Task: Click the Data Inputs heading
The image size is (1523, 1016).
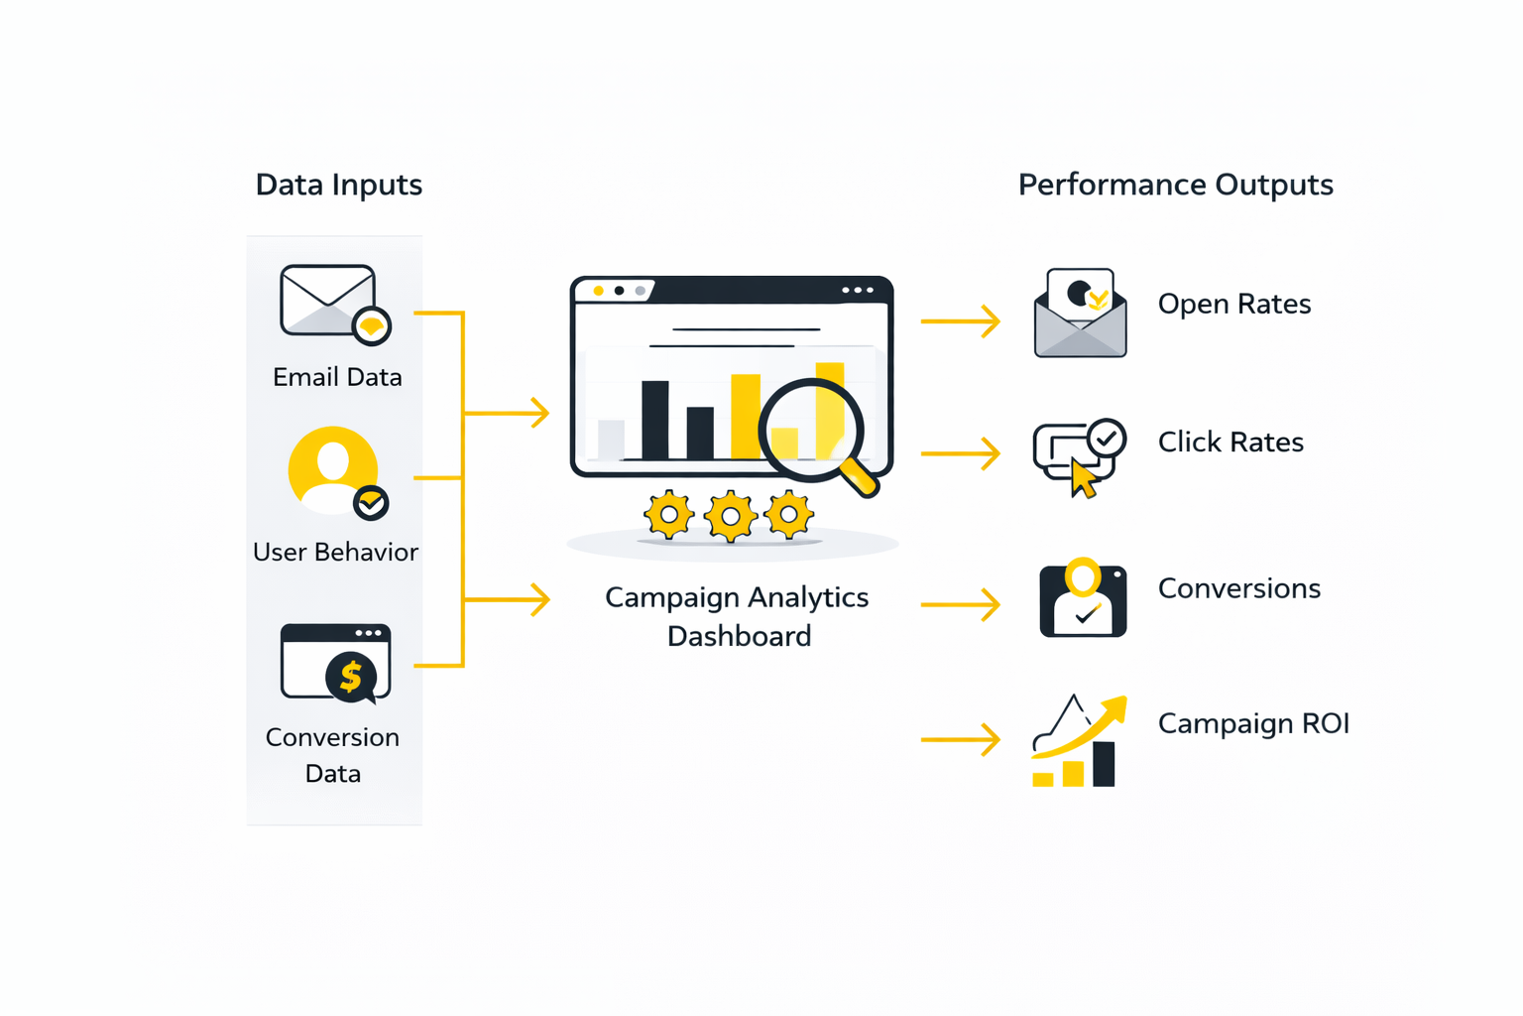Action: coord(338,185)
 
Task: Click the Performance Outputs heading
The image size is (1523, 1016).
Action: coord(1175,185)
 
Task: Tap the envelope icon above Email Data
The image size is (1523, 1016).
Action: coord(328,300)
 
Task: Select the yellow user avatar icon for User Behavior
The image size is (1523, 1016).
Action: coord(333,469)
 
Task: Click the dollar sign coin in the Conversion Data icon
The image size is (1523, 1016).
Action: coord(350,677)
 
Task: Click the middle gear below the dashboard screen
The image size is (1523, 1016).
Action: coord(730,516)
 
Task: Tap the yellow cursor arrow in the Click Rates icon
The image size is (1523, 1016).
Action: coord(1083,478)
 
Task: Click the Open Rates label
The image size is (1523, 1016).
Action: coord(1233,304)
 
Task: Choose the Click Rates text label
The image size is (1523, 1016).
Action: coord(1230,442)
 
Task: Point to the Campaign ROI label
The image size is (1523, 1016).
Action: coord(1253,723)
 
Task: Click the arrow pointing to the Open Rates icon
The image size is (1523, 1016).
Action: coord(960,320)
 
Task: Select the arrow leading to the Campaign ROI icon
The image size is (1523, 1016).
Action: coord(960,739)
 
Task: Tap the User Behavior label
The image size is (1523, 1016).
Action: coord(335,552)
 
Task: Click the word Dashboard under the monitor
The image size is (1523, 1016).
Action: coord(739,636)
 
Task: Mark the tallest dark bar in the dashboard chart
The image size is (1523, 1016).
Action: coord(654,420)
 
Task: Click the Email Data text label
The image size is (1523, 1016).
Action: coord(337,377)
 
